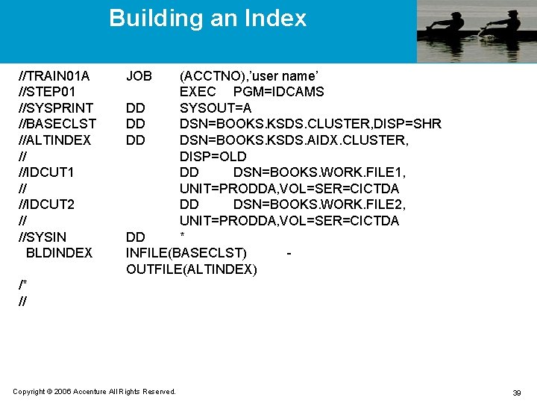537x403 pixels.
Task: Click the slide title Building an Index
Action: (x=207, y=18)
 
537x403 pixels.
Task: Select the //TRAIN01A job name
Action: (x=54, y=76)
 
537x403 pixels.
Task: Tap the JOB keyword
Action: (x=139, y=76)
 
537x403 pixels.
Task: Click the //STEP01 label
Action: (x=47, y=92)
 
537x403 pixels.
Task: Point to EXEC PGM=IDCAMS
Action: (x=251, y=92)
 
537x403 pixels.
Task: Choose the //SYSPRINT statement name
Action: (x=56, y=108)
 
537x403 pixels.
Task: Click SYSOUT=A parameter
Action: (x=216, y=108)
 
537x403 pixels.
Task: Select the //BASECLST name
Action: (x=57, y=124)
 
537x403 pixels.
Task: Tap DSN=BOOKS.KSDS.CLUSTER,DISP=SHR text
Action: (x=310, y=124)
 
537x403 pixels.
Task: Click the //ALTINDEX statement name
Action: (x=54, y=140)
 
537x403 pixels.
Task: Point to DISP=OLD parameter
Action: (x=213, y=157)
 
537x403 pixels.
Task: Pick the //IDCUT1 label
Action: (x=46, y=172)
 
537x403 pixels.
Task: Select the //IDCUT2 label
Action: (x=46, y=204)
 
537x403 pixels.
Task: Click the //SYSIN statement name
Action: (x=43, y=237)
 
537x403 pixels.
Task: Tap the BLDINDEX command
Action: (x=59, y=253)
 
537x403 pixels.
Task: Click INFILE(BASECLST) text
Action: (x=186, y=253)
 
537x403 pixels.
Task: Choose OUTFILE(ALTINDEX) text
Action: (x=192, y=269)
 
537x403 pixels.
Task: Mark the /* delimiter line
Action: (x=22, y=285)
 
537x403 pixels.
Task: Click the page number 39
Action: (x=516, y=393)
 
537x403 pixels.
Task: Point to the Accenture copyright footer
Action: (x=95, y=392)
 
